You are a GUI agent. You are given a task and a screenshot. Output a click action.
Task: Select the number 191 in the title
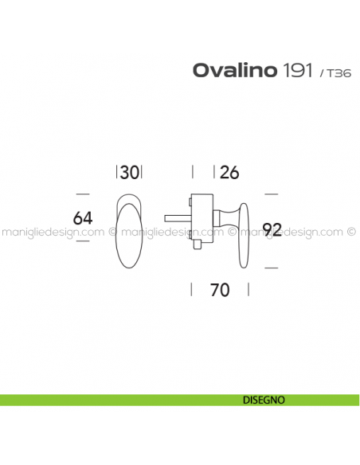coord(297,70)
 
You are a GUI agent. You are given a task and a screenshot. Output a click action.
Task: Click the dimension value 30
coord(131,172)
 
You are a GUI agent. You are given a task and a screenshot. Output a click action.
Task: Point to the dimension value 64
coord(84,218)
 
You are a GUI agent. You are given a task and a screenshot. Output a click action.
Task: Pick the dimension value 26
coord(229,172)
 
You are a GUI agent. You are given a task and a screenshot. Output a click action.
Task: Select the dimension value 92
coord(272,230)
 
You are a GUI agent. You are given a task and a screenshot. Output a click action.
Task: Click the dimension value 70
coord(220,290)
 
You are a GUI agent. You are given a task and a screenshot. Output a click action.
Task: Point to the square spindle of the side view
coord(177,216)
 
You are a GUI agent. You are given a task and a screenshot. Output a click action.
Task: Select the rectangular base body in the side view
coord(202,218)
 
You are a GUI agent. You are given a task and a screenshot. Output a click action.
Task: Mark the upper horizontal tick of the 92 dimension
coord(271,193)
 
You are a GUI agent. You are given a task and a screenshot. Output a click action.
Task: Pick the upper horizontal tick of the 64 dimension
coord(83,193)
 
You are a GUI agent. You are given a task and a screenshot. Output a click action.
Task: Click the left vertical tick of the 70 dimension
coord(191,290)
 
